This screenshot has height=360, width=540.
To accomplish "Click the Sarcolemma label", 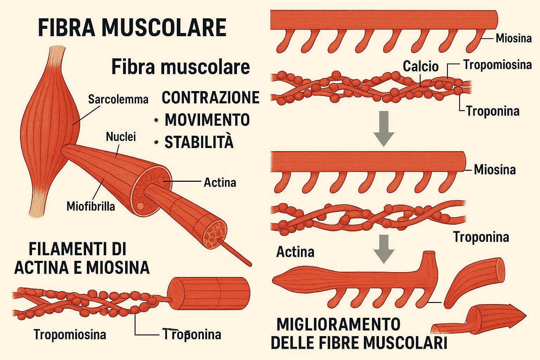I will [x=118, y=99].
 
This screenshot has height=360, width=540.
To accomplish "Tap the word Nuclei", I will [x=121, y=137].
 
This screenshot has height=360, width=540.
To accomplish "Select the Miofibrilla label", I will [x=91, y=206].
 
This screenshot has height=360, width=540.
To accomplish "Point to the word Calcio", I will [x=420, y=66].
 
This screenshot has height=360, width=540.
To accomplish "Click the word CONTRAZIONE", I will [x=210, y=98].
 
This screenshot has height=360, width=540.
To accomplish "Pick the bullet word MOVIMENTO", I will [x=207, y=120].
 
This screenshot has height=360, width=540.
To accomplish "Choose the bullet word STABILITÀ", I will [x=199, y=142].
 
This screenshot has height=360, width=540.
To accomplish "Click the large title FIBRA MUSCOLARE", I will [x=132, y=28].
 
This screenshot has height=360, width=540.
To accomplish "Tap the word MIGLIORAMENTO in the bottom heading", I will [x=338, y=324].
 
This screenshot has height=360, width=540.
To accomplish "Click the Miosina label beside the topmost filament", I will [x=513, y=38].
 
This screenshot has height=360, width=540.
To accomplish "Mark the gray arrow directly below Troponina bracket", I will [x=384, y=128].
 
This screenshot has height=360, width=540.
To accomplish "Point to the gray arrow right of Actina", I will [x=384, y=249].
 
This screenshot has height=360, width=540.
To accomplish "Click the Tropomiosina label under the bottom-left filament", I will [x=70, y=334].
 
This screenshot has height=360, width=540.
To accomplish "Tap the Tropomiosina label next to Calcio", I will [x=497, y=65].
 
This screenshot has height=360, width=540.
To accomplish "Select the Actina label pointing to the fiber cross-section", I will [x=220, y=182].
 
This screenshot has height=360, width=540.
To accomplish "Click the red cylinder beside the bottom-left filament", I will [x=208, y=293].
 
